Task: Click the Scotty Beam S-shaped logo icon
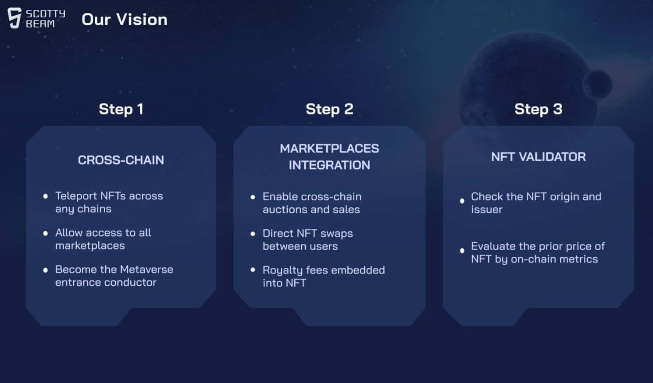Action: click(14, 18)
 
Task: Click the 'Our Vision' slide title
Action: click(125, 20)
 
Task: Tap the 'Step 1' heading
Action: click(121, 109)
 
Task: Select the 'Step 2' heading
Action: click(329, 109)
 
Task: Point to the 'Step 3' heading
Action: click(538, 109)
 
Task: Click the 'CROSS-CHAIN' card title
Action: click(121, 160)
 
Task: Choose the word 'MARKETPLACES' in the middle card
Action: click(329, 149)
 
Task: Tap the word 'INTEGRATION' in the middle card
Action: click(329, 165)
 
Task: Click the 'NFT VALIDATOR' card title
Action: click(539, 157)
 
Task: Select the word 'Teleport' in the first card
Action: click(76, 196)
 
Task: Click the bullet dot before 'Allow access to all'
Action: click(46, 233)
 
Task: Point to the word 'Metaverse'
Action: click(146, 270)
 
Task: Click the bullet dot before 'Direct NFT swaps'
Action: click(253, 234)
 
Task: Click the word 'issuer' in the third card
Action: click(487, 209)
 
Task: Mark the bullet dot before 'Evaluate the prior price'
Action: click(462, 251)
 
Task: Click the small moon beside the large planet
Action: click(597, 85)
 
